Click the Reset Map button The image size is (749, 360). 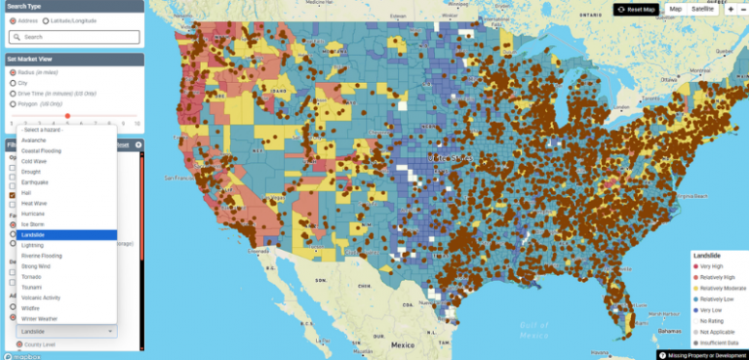click(x=636, y=9)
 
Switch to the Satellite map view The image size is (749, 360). click(x=702, y=9)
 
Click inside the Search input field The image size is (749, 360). click(x=74, y=37)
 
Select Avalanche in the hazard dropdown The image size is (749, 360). click(x=34, y=140)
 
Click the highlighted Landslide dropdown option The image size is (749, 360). click(x=34, y=234)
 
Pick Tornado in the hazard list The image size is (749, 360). click(x=32, y=276)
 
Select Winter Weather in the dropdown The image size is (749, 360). click(x=38, y=318)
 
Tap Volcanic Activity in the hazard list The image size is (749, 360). click(x=41, y=297)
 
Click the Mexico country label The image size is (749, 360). click(x=401, y=345)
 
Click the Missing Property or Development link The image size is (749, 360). click(x=703, y=355)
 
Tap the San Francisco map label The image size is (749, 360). click(x=179, y=179)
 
